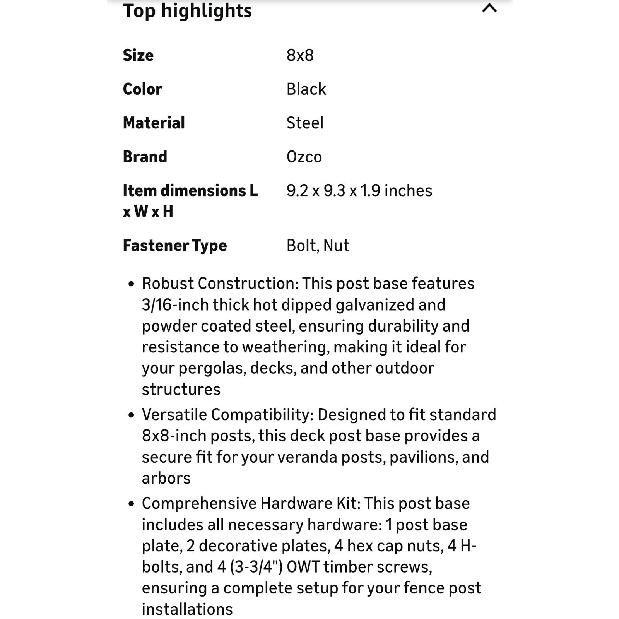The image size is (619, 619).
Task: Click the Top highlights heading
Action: (x=187, y=11)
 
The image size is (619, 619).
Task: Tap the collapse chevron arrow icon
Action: (x=489, y=8)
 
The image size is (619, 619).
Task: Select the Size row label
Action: (x=138, y=55)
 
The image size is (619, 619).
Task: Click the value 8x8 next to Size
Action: (x=300, y=55)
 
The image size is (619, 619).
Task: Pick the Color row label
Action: (x=142, y=89)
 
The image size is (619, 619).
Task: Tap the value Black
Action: (x=306, y=89)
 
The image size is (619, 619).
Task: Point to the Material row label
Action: (x=154, y=123)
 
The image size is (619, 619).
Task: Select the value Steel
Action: (x=305, y=123)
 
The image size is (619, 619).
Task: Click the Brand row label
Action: (x=145, y=157)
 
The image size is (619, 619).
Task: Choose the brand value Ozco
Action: (x=304, y=157)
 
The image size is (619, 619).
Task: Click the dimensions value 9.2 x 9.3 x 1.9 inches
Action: (x=359, y=191)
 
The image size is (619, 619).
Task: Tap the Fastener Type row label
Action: (x=174, y=246)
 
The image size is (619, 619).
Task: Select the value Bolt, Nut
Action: (x=318, y=246)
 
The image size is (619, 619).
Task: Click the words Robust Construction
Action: (x=219, y=284)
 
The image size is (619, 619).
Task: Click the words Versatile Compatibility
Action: (x=227, y=415)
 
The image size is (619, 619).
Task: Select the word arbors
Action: (x=166, y=479)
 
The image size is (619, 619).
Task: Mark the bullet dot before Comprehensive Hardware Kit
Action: (x=131, y=504)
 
